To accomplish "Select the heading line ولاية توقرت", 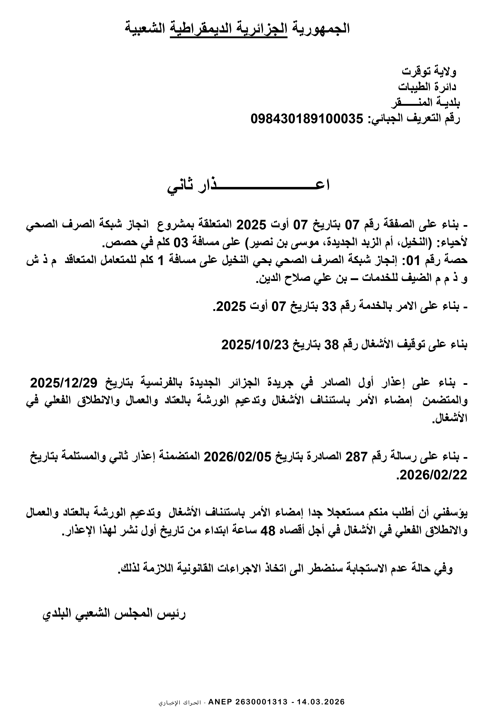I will (429, 72).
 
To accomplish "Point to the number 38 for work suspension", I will (331, 344).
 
